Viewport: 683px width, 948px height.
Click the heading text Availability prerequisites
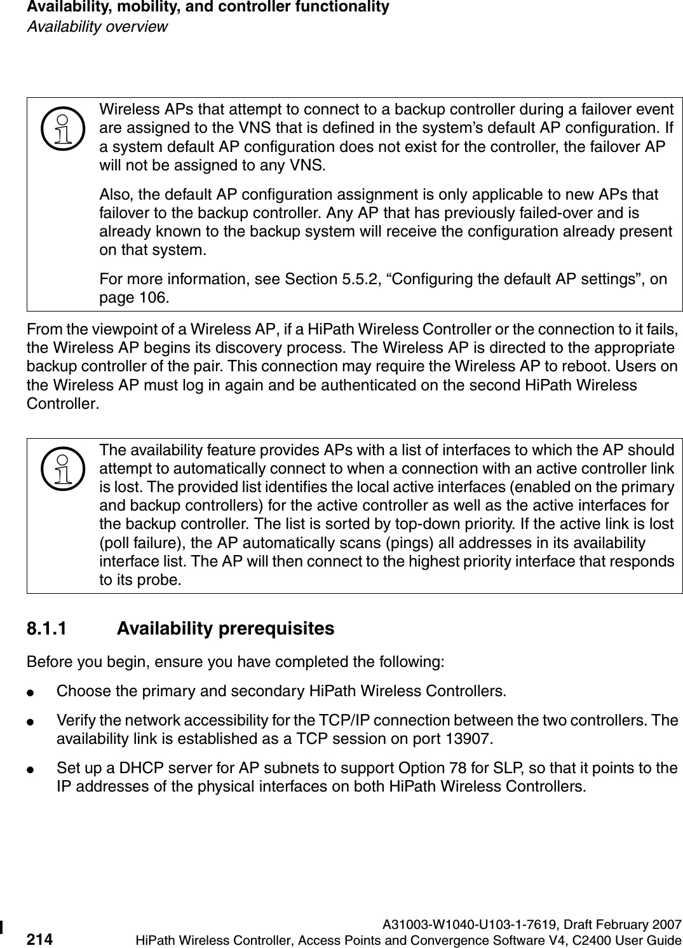[x=226, y=629]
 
